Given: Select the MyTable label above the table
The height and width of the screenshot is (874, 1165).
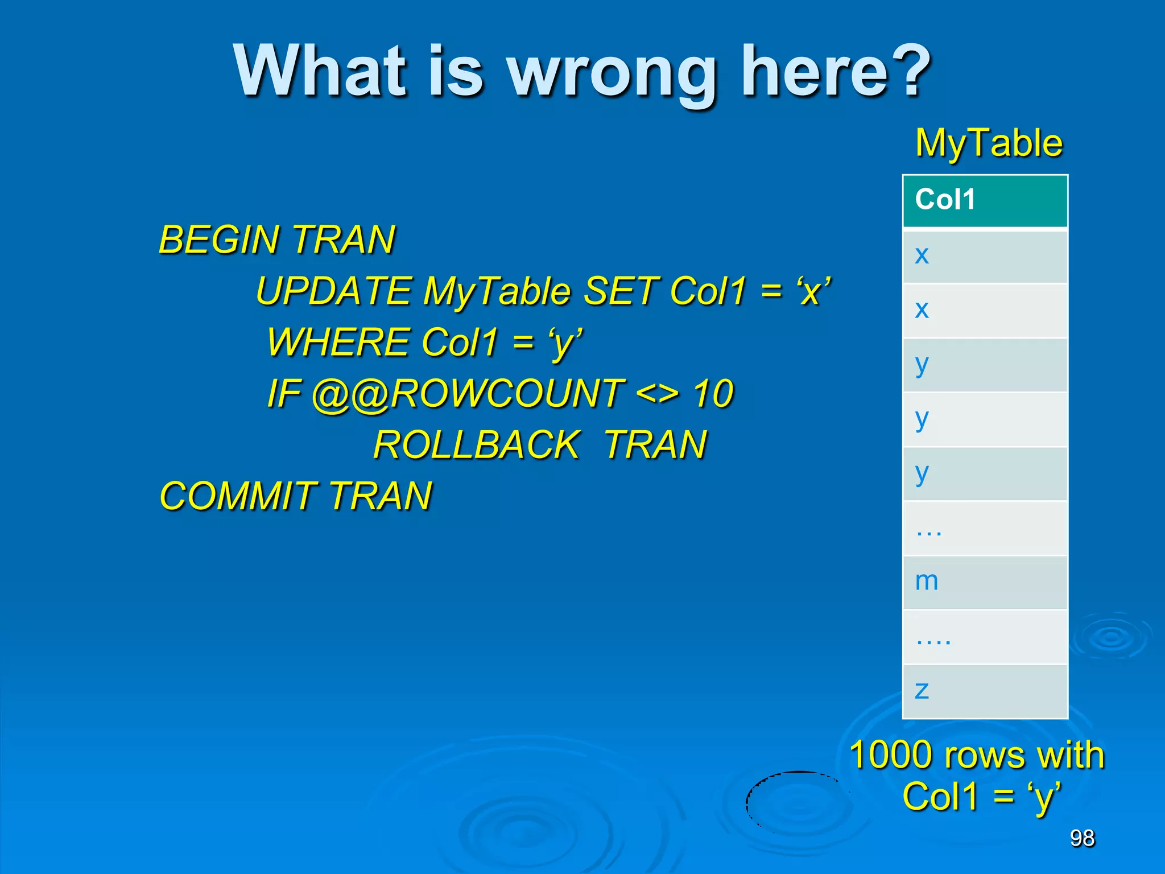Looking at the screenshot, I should pos(989,143).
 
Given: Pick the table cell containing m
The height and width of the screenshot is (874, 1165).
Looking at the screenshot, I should pos(985,582).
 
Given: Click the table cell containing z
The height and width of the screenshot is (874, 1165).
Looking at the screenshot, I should pos(985,691).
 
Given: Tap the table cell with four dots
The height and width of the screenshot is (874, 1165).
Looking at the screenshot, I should pos(985,637).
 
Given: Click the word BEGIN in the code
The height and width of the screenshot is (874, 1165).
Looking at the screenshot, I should pos(218,240).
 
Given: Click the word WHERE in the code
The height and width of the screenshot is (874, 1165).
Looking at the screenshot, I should pos(338,342).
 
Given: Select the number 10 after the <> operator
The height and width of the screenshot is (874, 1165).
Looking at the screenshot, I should pos(713,394).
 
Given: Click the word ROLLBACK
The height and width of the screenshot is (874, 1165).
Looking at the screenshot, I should pos(477,444).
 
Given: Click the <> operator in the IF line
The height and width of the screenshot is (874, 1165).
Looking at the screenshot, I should pos(657,394).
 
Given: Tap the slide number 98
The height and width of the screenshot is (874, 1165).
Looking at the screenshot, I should pos(1082,838).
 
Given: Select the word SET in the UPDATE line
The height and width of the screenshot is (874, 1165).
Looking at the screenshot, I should pos(620,291).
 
